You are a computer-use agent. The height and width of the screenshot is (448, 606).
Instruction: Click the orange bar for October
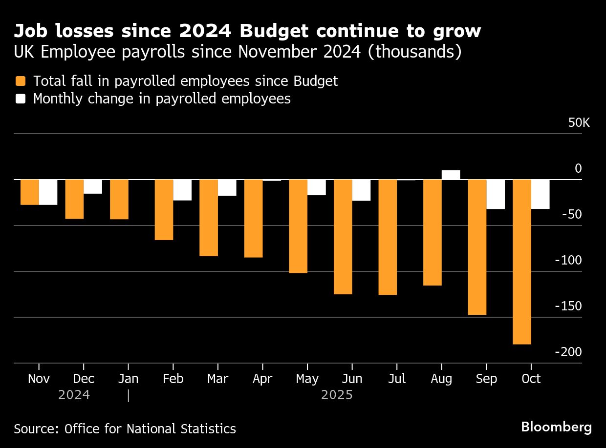point(522,262)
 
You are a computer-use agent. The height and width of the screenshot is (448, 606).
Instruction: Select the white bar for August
point(451,175)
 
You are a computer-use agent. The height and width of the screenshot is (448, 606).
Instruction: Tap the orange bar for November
point(29,192)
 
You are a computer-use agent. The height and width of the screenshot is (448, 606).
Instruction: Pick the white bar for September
point(496,194)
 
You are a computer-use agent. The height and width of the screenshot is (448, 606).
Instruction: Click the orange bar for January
point(119,199)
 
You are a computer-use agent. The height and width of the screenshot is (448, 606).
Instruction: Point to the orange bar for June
point(343,237)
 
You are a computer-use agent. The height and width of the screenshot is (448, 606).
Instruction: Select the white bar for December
point(93,186)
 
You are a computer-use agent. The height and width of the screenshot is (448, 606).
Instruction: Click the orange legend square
point(21,81)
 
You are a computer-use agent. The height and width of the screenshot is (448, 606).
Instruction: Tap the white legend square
point(21,99)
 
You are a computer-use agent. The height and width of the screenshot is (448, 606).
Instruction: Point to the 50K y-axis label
point(579,122)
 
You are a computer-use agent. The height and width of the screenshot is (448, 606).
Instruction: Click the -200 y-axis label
point(568,352)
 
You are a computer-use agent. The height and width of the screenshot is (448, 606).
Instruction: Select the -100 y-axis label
point(568,260)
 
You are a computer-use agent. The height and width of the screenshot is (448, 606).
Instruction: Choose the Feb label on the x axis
point(173,379)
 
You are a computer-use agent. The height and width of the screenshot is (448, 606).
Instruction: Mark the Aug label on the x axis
point(441,379)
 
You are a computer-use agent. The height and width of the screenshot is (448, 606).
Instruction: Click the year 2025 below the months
point(337,395)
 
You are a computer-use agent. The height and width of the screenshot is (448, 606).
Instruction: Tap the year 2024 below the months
point(74,395)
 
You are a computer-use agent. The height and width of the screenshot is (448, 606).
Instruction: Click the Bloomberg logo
point(556,427)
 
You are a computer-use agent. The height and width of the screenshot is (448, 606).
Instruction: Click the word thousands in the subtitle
point(414,52)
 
